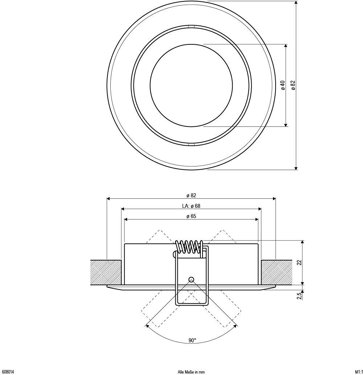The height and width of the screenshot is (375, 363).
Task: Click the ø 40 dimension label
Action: pos(283,85)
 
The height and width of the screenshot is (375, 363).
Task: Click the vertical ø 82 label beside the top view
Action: pos(293,85)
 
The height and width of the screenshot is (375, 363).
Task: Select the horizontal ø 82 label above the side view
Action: pos(191,195)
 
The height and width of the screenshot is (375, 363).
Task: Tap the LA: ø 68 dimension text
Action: pos(191,206)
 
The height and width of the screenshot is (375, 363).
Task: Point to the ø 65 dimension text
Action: pos(191,216)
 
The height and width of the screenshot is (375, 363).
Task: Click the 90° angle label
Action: pos(192,340)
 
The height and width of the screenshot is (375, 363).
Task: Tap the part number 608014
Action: pos(7,372)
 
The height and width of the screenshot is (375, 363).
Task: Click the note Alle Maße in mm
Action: pos(191,372)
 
